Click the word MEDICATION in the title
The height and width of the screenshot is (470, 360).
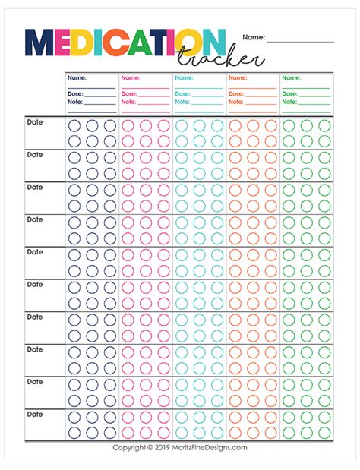(x=125, y=45)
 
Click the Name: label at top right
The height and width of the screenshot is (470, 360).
(x=254, y=36)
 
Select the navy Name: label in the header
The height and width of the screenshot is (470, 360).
(x=77, y=77)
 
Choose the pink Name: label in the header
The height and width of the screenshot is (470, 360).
(x=130, y=77)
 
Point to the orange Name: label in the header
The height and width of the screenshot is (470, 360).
(x=238, y=77)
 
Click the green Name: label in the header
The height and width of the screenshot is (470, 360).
(x=292, y=77)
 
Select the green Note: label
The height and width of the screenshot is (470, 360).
(x=290, y=101)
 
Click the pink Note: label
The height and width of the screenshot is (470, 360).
(x=129, y=101)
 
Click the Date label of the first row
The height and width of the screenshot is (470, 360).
(x=35, y=121)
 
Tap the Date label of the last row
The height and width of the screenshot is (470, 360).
(x=35, y=415)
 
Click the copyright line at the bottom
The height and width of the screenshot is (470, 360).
(x=180, y=447)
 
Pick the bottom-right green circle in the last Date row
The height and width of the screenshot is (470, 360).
(x=324, y=434)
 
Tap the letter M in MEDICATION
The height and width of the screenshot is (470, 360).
(x=40, y=45)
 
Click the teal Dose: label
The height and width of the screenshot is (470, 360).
(x=183, y=93)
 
